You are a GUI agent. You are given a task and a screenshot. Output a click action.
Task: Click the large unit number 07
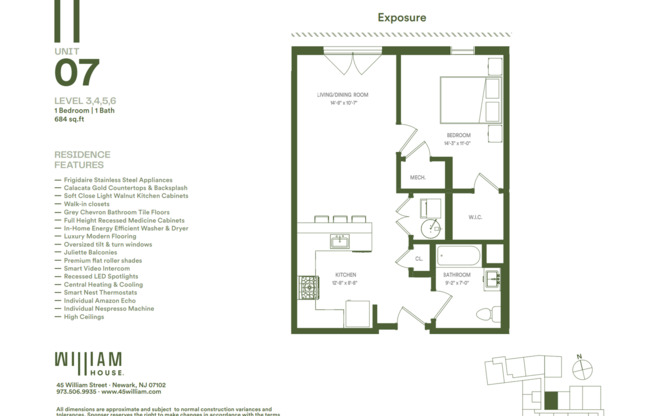[77, 73]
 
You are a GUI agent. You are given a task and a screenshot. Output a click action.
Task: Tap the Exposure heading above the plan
[402, 17]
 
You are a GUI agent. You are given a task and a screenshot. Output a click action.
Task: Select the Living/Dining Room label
[338, 98]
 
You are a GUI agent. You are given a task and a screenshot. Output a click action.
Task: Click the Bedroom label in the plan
[458, 137]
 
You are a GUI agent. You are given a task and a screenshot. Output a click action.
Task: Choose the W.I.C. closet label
[476, 217]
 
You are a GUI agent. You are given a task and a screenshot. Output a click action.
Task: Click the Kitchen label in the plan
[345, 276]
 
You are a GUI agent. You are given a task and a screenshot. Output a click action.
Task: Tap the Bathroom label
[457, 276]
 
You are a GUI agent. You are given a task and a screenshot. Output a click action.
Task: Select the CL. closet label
[418, 258]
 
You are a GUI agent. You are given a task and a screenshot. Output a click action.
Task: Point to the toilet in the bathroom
[487, 314]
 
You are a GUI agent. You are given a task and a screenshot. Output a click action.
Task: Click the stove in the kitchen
[307, 288]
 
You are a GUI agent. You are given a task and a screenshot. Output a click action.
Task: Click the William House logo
[88, 362]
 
